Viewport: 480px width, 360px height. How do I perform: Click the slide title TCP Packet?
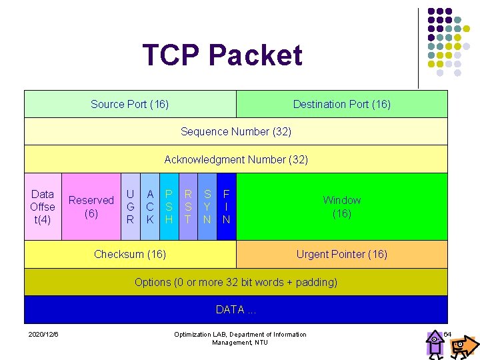pos(222,55)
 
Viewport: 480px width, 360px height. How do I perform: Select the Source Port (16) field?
pos(130,104)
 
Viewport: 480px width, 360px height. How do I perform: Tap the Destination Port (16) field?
pos(342,104)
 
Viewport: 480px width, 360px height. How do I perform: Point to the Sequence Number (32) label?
pos(236,131)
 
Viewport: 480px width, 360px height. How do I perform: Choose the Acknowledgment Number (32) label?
pos(236,159)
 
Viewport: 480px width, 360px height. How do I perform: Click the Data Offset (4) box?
pos(43,206)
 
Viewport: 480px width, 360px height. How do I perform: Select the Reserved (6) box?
pos(91,206)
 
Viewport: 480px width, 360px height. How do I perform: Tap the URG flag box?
pos(131,206)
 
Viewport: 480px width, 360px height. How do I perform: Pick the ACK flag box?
pos(151,206)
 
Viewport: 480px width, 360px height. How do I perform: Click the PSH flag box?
pos(169,206)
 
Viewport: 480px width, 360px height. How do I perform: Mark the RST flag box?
pos(189,206)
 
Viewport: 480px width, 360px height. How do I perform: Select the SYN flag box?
pos(208,206)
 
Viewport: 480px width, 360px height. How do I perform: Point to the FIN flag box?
pos(227,206)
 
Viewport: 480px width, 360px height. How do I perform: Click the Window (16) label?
pos(342,207)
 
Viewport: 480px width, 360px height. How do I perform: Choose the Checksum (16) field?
pos(130,254)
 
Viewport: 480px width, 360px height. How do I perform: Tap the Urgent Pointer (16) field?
pos(342,254)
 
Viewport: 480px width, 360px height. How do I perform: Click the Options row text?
pos(236,282)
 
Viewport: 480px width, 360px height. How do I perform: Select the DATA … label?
pos(236,309)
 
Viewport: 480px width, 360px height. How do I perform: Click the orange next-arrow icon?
pos(464,345)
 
